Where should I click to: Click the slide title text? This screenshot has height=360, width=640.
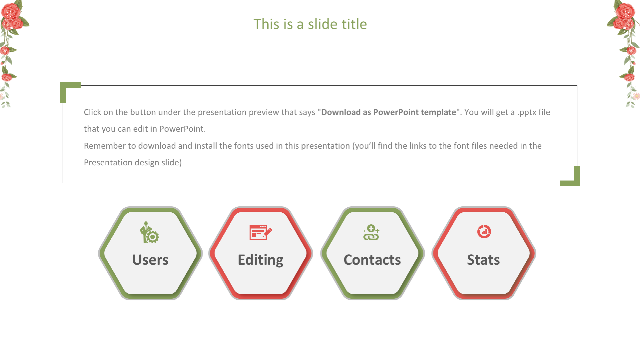click(x=310, y=24)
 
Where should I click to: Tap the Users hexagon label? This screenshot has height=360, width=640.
click(x=150, y=260)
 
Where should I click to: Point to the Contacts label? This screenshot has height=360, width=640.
click(x=372, y=260)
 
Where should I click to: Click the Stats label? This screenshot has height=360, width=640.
click(x=483, y=260)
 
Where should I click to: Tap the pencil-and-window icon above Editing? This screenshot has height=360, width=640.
click(x=261, y=232)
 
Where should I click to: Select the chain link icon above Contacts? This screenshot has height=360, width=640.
click(x=371, y=232)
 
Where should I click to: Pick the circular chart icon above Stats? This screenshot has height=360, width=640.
click(x=484, y=231)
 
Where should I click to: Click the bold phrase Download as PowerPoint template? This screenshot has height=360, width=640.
click(x=388, y=112)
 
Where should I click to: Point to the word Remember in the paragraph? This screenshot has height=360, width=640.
click(x=105, y=146)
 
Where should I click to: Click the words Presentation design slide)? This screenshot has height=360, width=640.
click(x=133, y=163)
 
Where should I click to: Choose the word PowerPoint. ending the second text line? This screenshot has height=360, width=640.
click(x=182, y=129)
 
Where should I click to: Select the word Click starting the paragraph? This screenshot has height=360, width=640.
click(x=92, y=112)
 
